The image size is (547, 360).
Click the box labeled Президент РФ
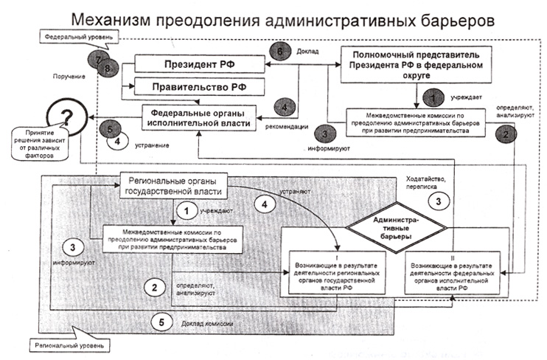tap(195, 65)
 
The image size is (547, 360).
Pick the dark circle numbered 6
tap(278, 52)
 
